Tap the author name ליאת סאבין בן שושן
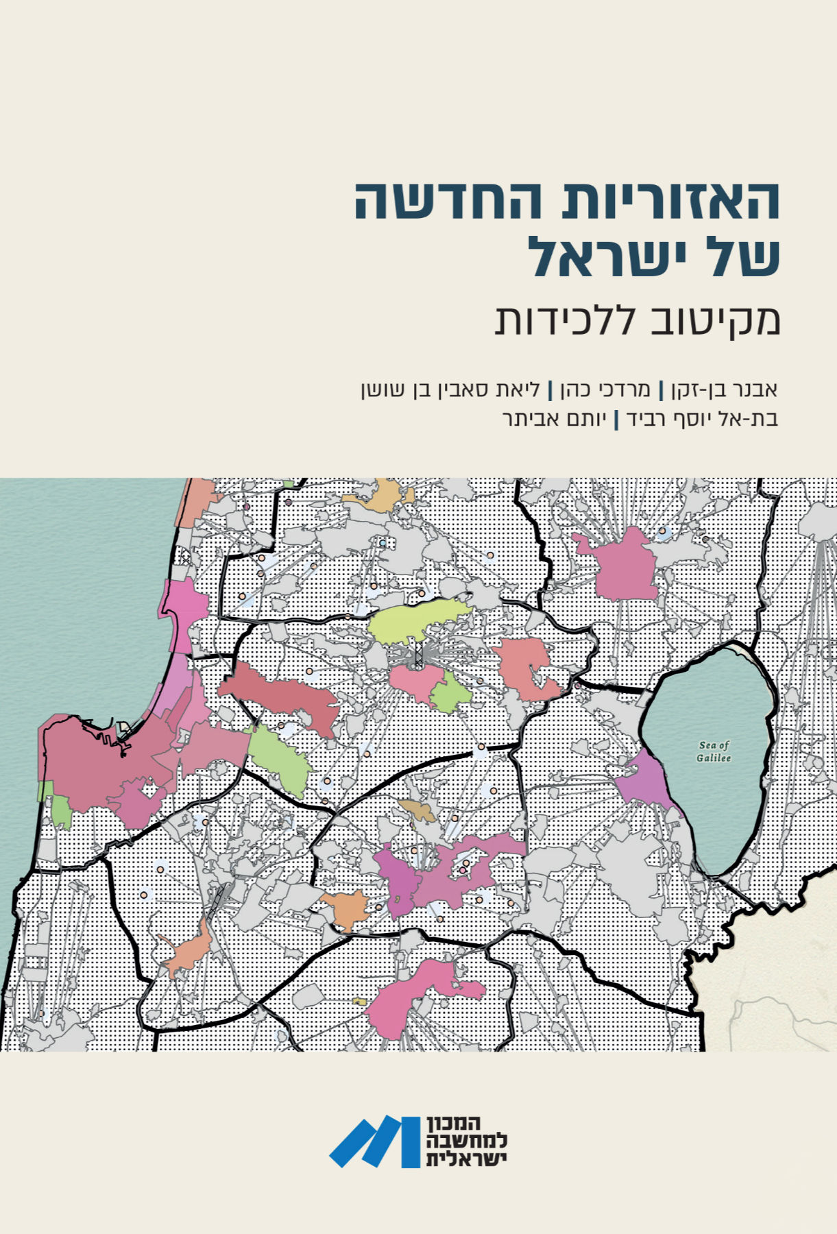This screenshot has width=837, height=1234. tap(451, 389)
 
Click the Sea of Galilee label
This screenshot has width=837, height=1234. tap(714, 751)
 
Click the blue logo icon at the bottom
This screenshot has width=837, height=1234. tap(374, 1141)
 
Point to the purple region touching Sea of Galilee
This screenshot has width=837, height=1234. tap(644, 782)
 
